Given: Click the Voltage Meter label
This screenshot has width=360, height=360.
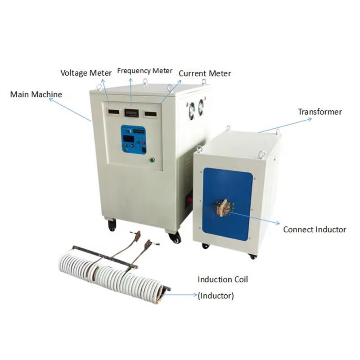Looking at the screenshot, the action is [86, 73].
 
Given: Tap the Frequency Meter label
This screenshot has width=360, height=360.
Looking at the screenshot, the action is [144, 71].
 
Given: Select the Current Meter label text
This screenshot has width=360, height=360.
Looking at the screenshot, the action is [205, 73].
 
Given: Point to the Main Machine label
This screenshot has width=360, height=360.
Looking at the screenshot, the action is [36, 94].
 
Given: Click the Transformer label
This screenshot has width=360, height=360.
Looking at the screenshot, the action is [320, 112].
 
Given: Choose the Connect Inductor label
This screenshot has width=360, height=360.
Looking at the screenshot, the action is [315, 229].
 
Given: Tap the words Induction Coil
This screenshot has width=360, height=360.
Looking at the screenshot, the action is [223, 279].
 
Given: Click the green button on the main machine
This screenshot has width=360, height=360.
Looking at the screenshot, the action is [152, 160].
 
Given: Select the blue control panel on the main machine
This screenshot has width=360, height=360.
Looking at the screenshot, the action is [133, 139].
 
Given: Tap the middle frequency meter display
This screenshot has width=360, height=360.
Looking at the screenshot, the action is [132, 113].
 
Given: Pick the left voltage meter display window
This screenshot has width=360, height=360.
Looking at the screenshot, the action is [114, 112].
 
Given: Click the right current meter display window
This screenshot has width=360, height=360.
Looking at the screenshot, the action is [151, 114].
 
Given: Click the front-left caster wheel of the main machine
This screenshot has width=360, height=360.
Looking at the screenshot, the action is [112, 226].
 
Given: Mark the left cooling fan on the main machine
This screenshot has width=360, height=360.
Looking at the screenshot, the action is [192, 111].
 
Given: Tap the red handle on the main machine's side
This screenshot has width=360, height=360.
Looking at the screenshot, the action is [190, 198].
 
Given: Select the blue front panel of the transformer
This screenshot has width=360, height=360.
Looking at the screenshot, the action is [227, 204].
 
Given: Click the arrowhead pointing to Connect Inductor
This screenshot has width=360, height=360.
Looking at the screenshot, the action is [278, 223].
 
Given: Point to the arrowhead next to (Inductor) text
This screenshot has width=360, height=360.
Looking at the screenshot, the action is [195, 295].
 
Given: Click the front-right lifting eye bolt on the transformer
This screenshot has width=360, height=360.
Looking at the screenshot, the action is [261, 154].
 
